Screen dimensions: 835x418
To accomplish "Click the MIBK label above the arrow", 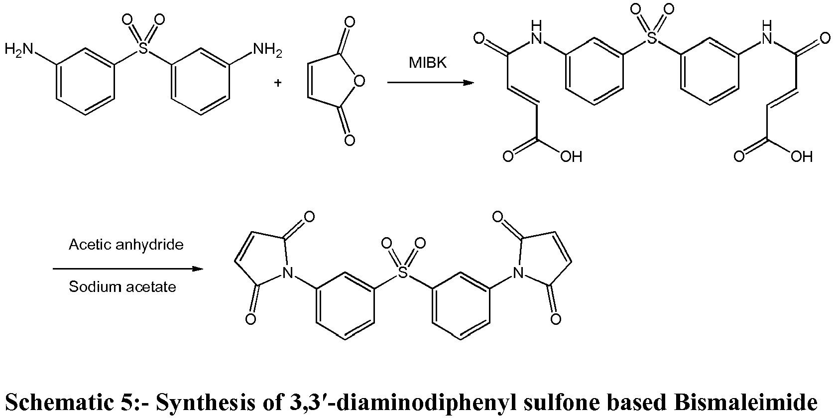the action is (x=428, y=63).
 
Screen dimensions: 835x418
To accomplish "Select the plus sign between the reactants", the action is (x=278, y=82).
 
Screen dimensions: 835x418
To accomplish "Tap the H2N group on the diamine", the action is (x=18, y=49).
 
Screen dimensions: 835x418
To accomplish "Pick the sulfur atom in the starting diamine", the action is (x=143, y=48).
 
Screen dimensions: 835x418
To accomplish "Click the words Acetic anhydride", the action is (x=126, y=245).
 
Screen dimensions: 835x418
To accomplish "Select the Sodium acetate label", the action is (x=122, y=287).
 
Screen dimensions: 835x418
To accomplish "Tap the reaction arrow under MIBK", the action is (x=431, y=82).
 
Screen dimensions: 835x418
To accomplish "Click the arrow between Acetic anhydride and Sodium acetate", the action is (x=128, y=269).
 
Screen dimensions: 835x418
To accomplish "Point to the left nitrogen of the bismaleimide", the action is (x=287, y=273).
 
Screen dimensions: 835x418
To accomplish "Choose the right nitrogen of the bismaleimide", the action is (x=518, y=273).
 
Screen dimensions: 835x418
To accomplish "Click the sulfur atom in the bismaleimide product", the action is (x=403, y=272).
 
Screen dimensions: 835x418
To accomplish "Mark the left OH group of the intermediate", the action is (x=571, y=156).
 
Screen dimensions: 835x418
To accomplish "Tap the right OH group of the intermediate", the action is (x=802, y=156).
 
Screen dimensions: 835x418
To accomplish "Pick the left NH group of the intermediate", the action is (x=536, y=32).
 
